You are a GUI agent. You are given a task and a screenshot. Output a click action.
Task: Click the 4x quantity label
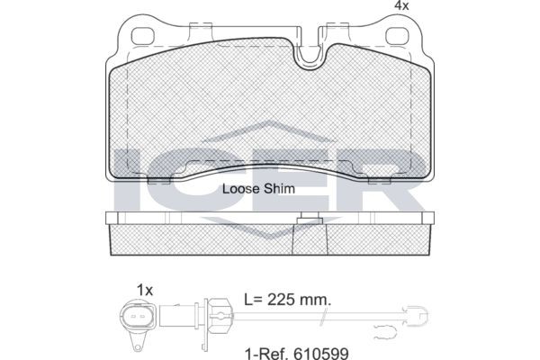click(401, 5)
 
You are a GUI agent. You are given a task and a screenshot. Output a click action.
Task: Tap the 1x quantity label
click(145, 291)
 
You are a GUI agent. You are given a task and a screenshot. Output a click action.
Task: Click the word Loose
click(240, 189)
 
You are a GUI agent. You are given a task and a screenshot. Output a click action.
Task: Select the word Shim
click(279, 189)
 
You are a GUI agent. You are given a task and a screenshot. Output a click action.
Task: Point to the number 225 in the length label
click(282, 300)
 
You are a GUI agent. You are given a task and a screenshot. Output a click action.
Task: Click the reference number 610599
click(321, 354)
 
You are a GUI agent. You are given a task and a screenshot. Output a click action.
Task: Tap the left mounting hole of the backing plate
click(142, 37)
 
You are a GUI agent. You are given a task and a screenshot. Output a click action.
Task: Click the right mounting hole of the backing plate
click(397, 37)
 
